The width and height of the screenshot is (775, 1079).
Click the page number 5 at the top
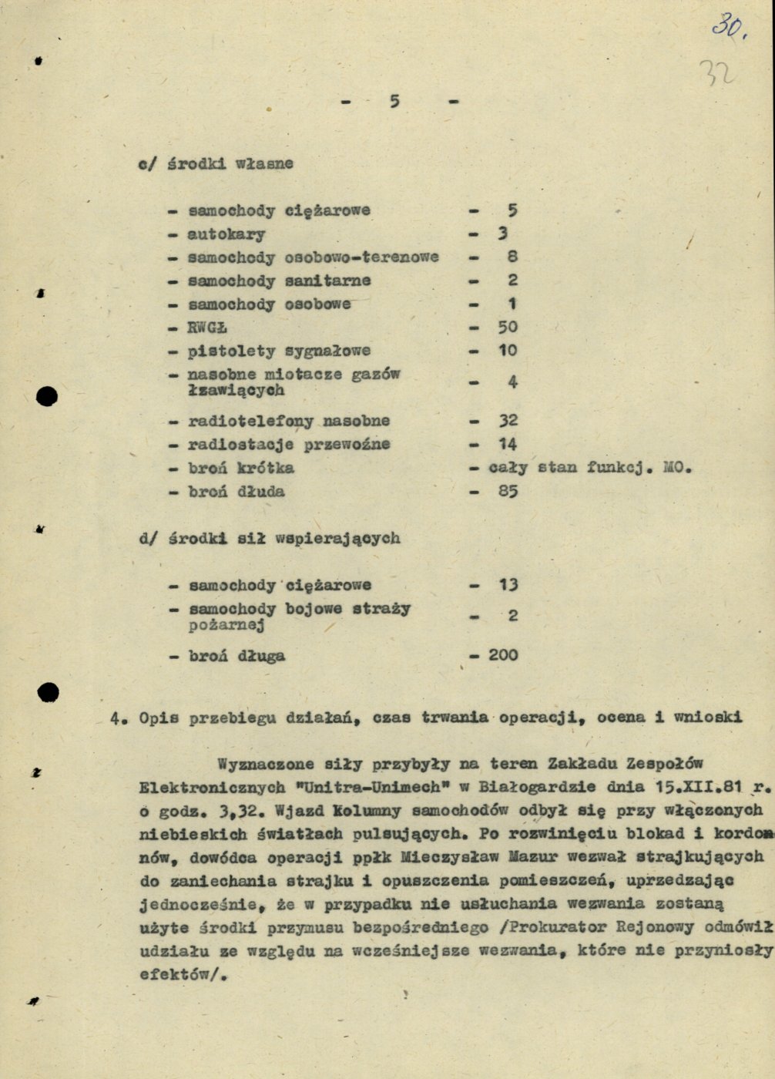(394, 101)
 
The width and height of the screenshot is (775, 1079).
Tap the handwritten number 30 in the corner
(728, 27)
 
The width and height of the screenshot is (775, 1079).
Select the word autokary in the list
(226, 234)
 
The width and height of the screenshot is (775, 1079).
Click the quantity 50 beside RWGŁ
(508, 327)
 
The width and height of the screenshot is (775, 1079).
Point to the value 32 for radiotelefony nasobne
(508, 421)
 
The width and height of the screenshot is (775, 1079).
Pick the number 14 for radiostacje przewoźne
(508, 444)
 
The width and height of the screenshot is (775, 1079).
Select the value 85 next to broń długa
(508, 491)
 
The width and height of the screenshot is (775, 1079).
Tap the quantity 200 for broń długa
(503, 655)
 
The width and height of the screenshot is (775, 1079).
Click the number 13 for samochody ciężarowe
(508, 585)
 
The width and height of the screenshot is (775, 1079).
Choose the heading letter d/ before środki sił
(147, 538)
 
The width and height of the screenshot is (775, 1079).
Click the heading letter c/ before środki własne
(147, 163)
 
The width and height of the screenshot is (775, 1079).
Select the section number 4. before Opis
(118, 718)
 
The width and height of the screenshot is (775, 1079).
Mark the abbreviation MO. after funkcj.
(677, 467)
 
